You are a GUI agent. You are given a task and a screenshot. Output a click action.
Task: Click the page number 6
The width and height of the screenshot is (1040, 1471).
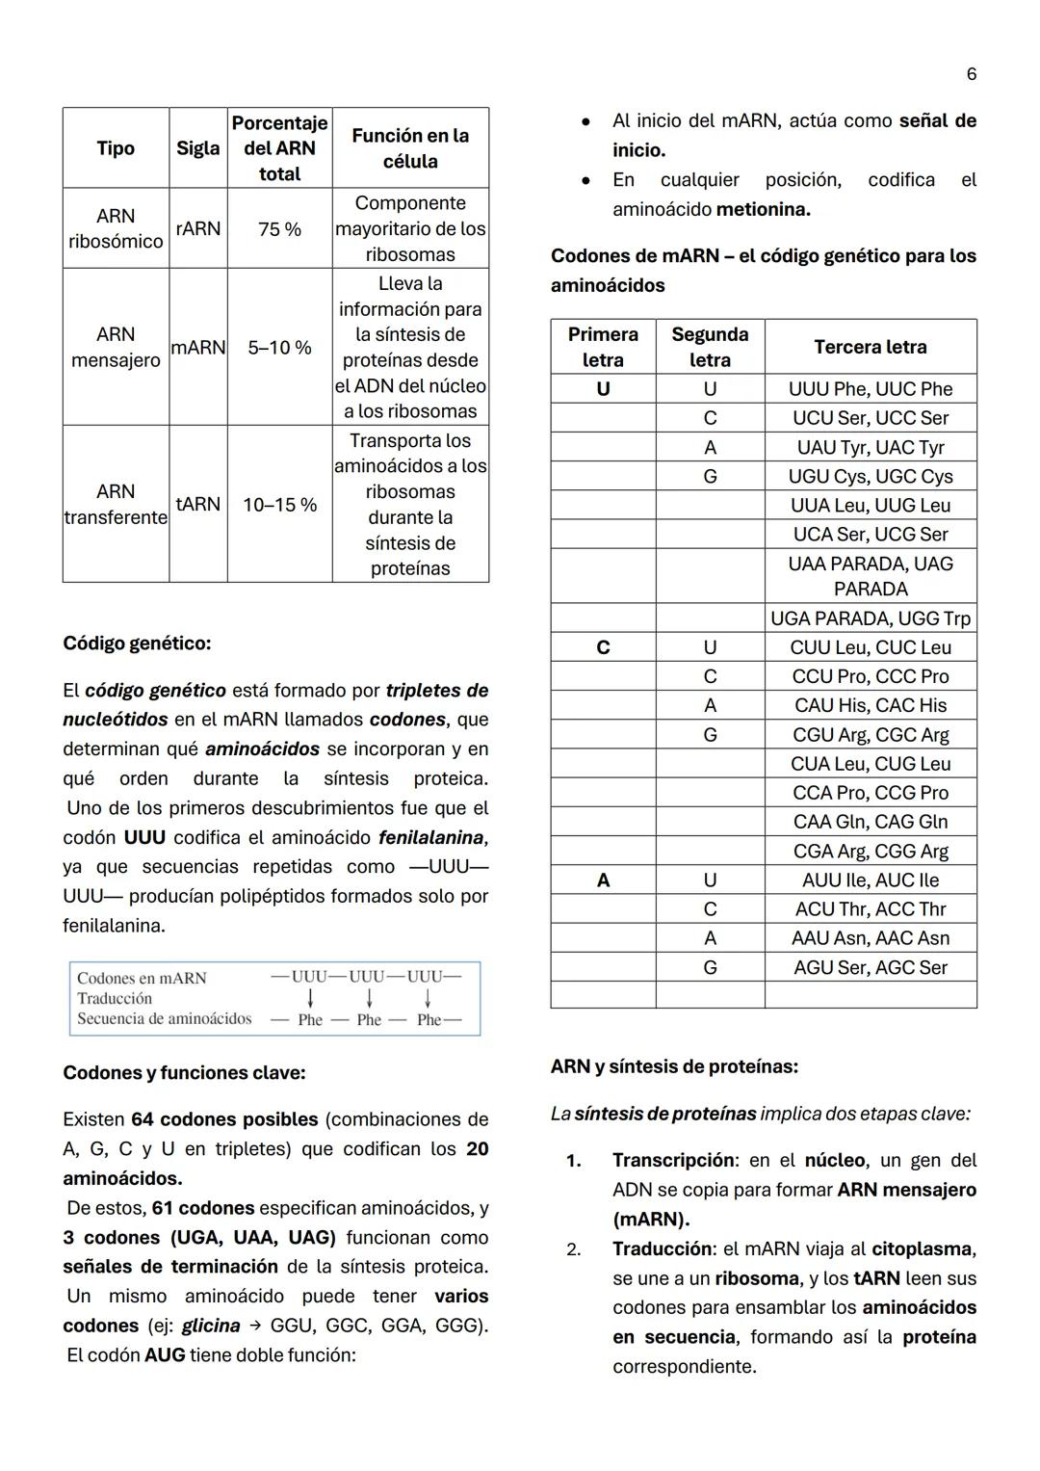(971, 74)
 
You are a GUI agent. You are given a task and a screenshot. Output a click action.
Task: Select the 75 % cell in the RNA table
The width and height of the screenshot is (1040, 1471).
(279, 229)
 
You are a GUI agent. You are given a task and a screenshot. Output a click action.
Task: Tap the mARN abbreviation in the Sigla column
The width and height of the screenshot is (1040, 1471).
(198, 348)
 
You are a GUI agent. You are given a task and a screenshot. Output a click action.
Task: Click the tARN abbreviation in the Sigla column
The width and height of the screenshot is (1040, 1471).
(198, 505)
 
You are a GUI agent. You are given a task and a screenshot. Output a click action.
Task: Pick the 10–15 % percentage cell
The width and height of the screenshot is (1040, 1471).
(279, 505)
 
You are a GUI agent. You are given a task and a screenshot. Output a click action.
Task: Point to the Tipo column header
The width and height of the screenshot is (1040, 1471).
(116, 148)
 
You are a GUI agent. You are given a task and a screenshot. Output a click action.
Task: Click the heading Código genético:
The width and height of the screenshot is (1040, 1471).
(137, 643)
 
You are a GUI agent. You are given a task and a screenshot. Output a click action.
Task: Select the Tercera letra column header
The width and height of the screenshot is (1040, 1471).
(870, 347)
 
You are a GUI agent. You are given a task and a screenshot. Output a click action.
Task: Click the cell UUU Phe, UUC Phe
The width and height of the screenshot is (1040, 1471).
(870, 389)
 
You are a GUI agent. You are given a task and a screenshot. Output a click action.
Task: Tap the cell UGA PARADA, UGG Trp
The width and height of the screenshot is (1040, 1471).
(870, 618)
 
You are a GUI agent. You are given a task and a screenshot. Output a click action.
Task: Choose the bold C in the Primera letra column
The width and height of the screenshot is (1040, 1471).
(603, 647)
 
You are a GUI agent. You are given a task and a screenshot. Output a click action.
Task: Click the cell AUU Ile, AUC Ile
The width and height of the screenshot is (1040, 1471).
(870, 880)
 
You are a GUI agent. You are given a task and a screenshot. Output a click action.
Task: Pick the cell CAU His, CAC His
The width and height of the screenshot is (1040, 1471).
(870, 706)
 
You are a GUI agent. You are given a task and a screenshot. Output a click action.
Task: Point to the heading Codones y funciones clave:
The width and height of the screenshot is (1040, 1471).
(184, 1073)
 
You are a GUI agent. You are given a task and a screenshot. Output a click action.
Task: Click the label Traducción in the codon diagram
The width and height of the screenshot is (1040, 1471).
(115, 999)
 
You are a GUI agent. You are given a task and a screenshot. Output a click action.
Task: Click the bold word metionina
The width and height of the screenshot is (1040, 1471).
(763, 209)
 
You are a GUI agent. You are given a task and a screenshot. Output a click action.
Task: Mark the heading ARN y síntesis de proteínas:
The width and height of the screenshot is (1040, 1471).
(674, 1067)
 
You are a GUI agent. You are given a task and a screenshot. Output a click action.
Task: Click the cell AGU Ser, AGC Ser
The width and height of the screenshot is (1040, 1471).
(870, 968)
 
